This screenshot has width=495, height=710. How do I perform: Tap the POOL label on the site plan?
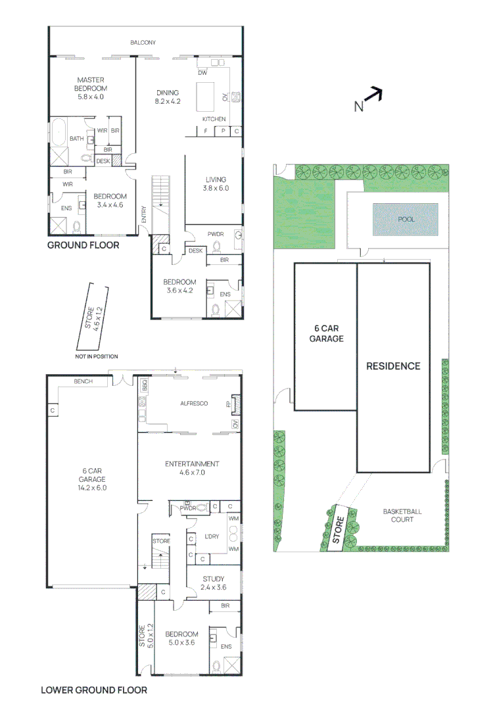pyautogui.click(x=406, y=219)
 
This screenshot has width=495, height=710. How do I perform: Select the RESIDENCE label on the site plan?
pyautogui.click(x=393, y=366)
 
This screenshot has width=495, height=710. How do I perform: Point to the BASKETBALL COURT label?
pyautogui.click(x=402, y=515)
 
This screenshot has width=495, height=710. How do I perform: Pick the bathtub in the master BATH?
pyautogui.click(x=60, y=131)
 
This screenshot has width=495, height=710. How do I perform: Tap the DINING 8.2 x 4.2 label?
pyautogui.click(x=168, y=97)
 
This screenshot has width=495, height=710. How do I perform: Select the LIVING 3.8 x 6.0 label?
pyautogui.click(x=215, y=183)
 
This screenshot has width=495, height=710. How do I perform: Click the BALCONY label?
pyautogui.click(x=143, y=43)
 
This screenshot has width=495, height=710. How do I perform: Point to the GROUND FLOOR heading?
pyautogui.click(x=83, y=245)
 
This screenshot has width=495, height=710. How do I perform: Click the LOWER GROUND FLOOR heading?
pyautogui.click(x=94, y=690)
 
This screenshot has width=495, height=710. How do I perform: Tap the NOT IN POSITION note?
pyautogui.click(x=97, y=356)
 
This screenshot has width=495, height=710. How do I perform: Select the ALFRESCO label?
pyautogui.click(x=195, y=403)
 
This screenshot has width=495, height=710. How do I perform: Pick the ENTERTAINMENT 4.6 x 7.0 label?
pyautogui.click(x=192, y=468)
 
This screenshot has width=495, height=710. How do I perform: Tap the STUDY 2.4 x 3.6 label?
pyautogui.click(x=214, y=583)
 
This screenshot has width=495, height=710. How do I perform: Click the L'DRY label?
pyautogui.click(x=212, y=536)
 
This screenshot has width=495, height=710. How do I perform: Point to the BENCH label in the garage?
pyautogui.click(x=83, y=381)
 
